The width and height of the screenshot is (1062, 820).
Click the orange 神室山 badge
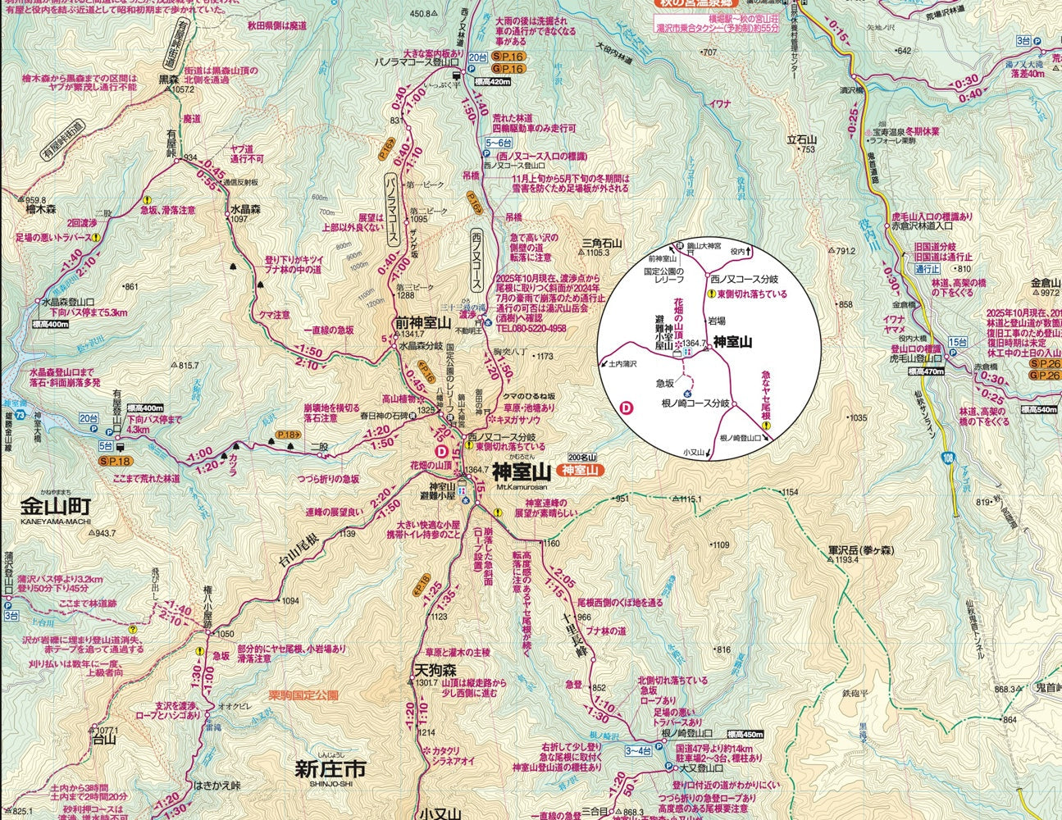[579, 471]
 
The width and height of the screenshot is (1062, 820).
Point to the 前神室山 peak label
[422, 322]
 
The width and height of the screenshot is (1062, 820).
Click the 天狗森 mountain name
[432, 670]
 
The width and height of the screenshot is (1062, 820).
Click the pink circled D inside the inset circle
[628, 407]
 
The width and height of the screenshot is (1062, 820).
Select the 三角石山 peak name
[602, 243]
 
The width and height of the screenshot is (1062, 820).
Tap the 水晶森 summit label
[244, 209]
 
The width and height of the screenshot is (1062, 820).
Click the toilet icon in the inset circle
[687, 352]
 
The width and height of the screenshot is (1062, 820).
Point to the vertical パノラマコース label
[392, 209]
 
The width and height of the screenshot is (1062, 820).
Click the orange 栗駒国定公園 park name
[303, 695]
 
